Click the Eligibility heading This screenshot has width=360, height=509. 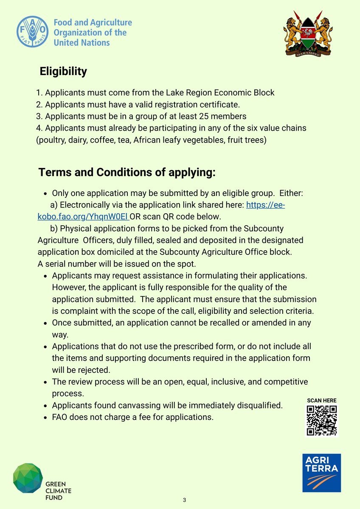[63, 71]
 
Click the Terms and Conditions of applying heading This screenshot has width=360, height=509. [127, 173]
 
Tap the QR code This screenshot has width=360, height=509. [321, 420]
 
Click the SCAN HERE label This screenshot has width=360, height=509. [321, 400]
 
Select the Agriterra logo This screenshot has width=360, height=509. [321, 473]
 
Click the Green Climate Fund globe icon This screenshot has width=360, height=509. [28, 478]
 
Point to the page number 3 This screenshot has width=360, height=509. [184, 500]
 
